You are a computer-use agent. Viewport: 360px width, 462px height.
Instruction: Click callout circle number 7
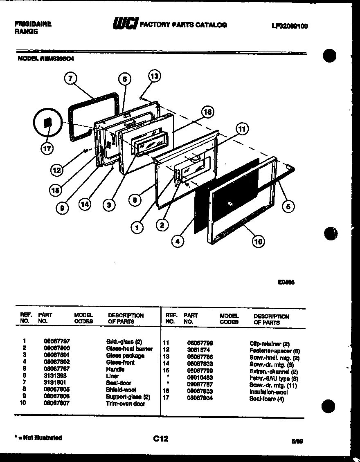coord(71,78)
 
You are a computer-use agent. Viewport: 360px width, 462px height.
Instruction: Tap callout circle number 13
coord(154,76)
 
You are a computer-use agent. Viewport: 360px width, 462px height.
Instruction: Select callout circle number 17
coord(47,149)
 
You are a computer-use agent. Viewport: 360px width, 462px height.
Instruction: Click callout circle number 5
coord(288,207)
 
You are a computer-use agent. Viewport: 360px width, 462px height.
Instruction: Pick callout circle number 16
coord(207,112)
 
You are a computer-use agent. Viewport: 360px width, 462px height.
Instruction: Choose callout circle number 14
coord(85,205)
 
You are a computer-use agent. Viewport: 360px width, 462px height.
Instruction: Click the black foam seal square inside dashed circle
coord(47,123)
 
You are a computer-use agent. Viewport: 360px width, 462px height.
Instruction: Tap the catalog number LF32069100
coord(290,26)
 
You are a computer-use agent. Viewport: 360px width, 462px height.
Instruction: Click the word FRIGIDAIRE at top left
coord(33,24)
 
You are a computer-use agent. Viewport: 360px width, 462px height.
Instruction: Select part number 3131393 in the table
coord(55,376)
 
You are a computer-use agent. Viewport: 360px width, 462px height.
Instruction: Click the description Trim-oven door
coord(126,404)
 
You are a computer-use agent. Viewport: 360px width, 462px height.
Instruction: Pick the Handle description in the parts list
coord(115,369)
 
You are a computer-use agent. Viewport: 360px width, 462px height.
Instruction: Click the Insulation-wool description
coord(268,392)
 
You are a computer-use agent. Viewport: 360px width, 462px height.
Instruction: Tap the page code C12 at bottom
coord(161,439)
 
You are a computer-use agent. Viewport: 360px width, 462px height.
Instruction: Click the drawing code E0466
coord(286,282)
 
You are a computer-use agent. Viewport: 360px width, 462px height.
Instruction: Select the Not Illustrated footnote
coord(38,438)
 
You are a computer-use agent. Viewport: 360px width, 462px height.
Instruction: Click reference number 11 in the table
coord(166,343)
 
